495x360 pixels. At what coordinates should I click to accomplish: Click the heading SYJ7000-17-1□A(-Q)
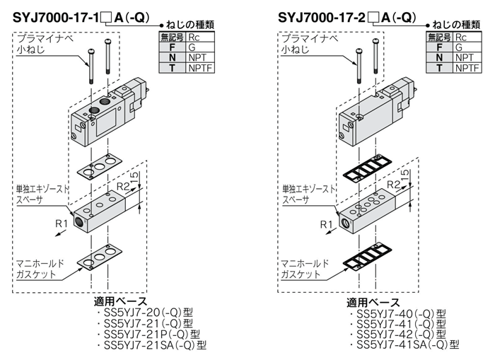(81, 18)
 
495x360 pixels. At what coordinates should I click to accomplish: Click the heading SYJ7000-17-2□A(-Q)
(347, 18)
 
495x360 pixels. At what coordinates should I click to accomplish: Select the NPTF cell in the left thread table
(201, 68)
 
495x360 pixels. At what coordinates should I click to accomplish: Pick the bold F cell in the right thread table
(439, 47)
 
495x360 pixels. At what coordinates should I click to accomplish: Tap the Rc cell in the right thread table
(467, 37)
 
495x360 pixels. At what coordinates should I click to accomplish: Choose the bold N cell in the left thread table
(173, 58)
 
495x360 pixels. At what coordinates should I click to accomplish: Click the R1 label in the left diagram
(62, 223)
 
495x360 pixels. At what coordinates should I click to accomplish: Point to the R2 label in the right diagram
(393, 185)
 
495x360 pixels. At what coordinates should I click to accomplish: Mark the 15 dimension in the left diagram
(134, 178)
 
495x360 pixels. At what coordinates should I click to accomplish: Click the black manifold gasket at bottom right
(368, 257)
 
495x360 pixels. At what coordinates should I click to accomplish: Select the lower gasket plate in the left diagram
(100, 257)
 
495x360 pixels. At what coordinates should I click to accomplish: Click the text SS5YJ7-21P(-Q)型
(152, 334)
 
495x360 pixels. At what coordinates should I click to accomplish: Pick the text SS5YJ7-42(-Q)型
(401, 334)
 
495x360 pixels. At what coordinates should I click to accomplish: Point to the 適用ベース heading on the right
(373, 303)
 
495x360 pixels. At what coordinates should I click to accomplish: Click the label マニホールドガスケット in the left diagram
(40, 269)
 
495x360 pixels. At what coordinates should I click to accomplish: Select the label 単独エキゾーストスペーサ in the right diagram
(309, 194)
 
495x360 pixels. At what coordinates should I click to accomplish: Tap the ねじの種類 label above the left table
(190, 25)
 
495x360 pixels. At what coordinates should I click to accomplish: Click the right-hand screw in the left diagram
(108, 57)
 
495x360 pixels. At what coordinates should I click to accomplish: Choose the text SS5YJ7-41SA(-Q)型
(408, 344)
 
